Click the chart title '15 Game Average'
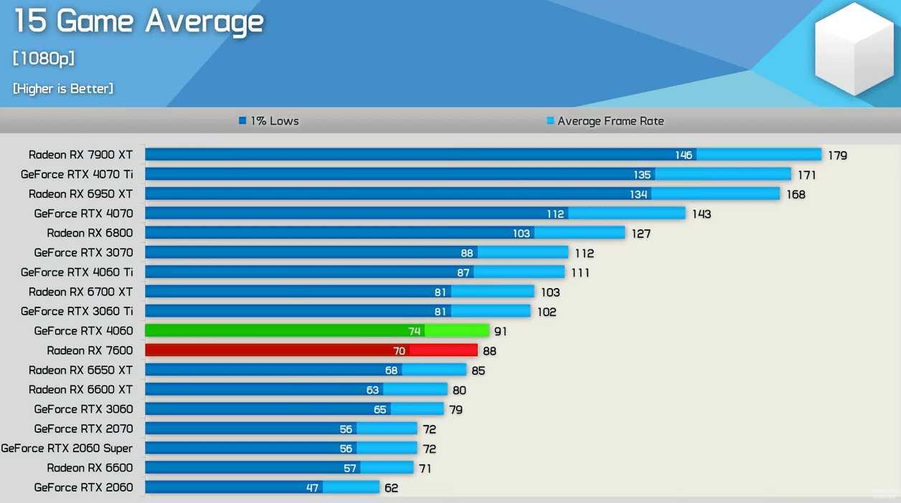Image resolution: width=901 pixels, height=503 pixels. point(138,21)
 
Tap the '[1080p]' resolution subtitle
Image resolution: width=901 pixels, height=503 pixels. point(44,59)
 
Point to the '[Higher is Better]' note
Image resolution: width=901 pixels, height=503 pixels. point(63,89)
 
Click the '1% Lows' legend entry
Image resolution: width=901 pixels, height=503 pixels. point(269,121)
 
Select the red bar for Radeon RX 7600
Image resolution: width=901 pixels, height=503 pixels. point(311,350)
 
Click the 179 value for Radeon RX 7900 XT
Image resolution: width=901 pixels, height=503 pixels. point(837,155)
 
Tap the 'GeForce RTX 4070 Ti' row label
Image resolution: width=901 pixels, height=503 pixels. point(77,174)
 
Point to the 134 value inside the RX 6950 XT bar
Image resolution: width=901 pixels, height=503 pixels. point(638,194)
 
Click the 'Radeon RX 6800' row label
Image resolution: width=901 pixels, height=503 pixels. point(90,233)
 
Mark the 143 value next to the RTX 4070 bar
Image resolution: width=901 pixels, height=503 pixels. point(701,214)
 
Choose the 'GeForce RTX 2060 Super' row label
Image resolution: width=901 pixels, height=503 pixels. point(67,449)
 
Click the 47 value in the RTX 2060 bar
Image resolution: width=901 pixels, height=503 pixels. point(312,488)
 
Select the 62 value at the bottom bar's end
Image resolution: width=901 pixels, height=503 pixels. point(391,488)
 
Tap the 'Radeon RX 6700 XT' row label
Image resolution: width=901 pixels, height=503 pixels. point(80,292)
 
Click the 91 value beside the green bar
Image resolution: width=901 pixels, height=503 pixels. point(500,332)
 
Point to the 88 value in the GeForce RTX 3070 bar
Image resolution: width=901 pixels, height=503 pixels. point(467,253)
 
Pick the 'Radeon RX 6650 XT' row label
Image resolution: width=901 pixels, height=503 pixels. point(80,370)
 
